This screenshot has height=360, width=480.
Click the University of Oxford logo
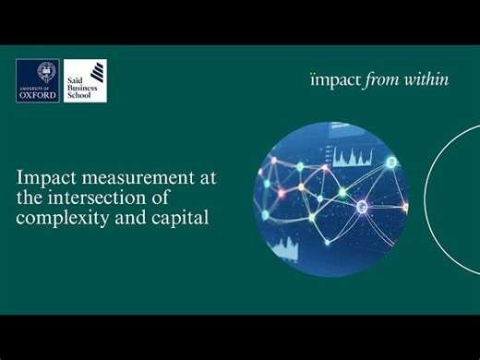coord(37,80)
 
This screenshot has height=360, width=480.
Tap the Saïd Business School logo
coord(85,80)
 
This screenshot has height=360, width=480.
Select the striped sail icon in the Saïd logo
coord(96,79)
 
